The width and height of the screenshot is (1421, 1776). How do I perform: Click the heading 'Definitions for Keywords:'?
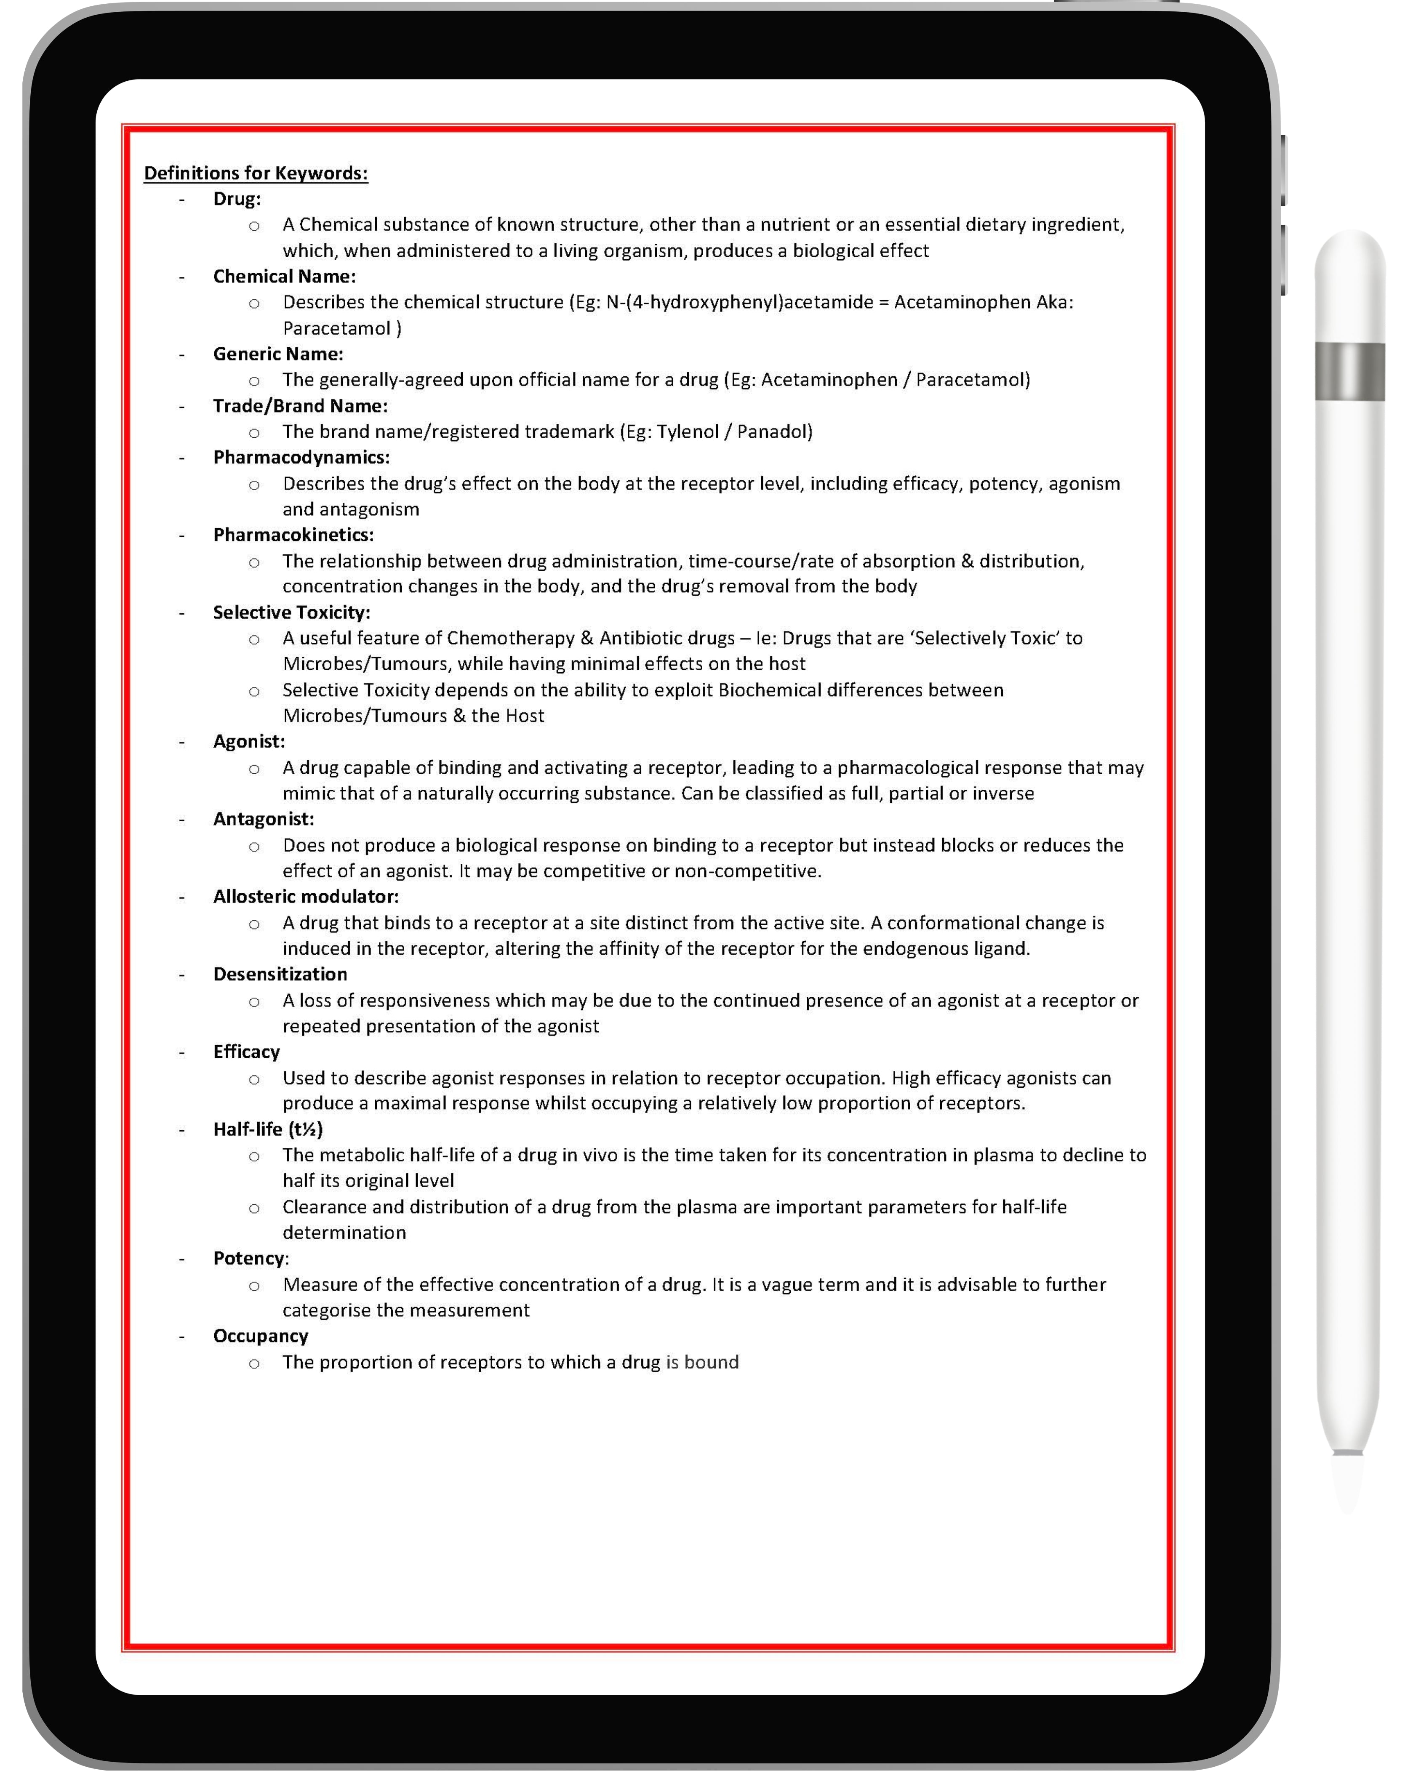(x=256, y=173)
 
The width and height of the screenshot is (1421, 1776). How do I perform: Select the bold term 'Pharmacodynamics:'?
(x=301, y=457)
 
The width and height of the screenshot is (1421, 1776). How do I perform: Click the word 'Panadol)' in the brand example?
(x=774, y=431)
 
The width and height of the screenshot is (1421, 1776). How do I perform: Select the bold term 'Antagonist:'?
(x=264, y=819)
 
